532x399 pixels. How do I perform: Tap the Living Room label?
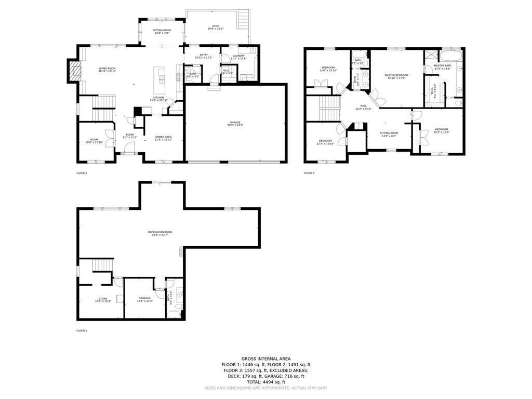pos(107,69)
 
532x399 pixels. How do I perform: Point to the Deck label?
pos(215,26)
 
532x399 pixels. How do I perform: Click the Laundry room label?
pos(238,56)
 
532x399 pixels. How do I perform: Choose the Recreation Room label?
pos(160,232)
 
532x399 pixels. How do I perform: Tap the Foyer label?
pos(129,135)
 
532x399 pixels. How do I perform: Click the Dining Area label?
pos(163,137)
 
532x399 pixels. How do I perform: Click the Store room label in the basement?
pos(103,299)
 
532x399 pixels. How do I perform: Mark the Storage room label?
pos(144,298)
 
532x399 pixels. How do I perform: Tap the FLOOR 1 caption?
pos(82,330)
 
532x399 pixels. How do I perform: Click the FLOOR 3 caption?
pos(309,173)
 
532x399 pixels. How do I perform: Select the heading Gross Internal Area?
pos(265,358)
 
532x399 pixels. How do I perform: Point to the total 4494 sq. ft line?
pos(265,382)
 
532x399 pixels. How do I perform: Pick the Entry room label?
pos(203,55)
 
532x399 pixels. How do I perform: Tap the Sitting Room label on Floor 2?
pos(162,31)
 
